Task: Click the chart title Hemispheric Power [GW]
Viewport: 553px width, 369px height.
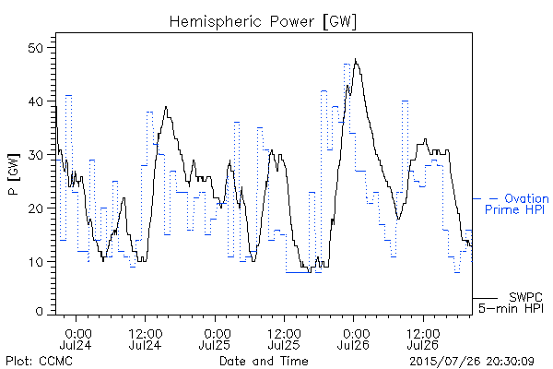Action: [x=263, y=22]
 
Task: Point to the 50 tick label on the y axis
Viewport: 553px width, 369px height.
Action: [x=36, y=48]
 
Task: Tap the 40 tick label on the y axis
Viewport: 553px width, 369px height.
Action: [x=36, y=101]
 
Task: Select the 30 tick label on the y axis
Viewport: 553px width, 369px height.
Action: [x=36, y=155]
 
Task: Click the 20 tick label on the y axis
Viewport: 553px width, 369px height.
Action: [x=36, y=208]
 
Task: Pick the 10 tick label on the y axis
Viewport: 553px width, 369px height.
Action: [x=36, y=262]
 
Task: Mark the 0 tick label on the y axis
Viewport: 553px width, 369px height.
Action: [x=40, y=312]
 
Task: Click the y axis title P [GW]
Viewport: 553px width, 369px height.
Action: [x=14, y=174]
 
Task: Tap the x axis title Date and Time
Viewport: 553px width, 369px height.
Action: [x=264, y=361]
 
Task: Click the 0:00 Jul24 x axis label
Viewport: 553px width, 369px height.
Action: [x=76, y=339]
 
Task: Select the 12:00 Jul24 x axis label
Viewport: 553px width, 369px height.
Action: [x=145, y=339]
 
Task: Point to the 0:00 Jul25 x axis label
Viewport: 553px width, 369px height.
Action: [x=215, y=339]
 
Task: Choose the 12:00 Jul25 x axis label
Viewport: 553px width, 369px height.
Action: [x=284, y=339]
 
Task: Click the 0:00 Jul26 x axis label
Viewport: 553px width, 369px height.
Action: [x=353, y=339]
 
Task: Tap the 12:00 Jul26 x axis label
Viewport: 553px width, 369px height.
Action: [x=423, y=339]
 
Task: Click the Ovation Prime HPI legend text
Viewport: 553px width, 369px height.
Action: [x=517, y=204]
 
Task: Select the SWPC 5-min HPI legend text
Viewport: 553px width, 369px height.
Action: [x=511, y=303]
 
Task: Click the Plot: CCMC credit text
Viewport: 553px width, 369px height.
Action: [x=39, y=361]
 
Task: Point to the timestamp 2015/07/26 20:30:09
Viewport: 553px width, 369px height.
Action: [x=472, y=361]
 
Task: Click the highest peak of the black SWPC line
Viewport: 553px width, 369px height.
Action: [x=356, y=59]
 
